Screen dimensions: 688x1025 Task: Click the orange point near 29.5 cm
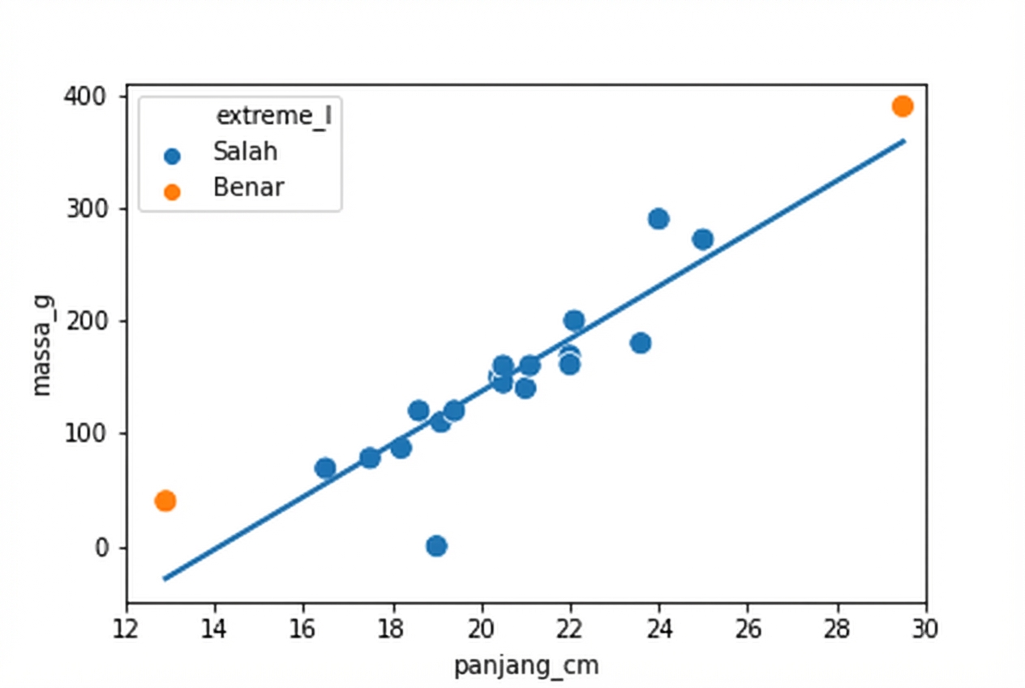(x=903, y=106)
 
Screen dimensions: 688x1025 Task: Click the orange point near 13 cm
(x=165, y=501)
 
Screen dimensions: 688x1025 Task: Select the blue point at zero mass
(x=436, y=545)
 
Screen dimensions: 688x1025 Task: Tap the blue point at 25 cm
(x=703, y=239)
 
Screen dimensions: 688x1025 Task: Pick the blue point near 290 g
(x=658, y=218)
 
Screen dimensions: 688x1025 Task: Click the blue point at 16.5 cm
(x=325, y=467)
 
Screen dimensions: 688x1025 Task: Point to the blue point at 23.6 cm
(x=641, y=342)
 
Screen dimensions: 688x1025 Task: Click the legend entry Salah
(x=245, y=152)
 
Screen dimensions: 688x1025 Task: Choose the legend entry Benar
(x=248, y=188)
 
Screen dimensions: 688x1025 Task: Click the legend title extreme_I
(x=275, y=116)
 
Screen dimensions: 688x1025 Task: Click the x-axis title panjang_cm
(x=526, y=666)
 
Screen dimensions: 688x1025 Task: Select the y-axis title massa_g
(x=41, y=345)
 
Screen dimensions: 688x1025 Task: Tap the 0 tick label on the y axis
(x=102, y=548)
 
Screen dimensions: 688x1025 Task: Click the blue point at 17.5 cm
(x=370, y=458)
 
